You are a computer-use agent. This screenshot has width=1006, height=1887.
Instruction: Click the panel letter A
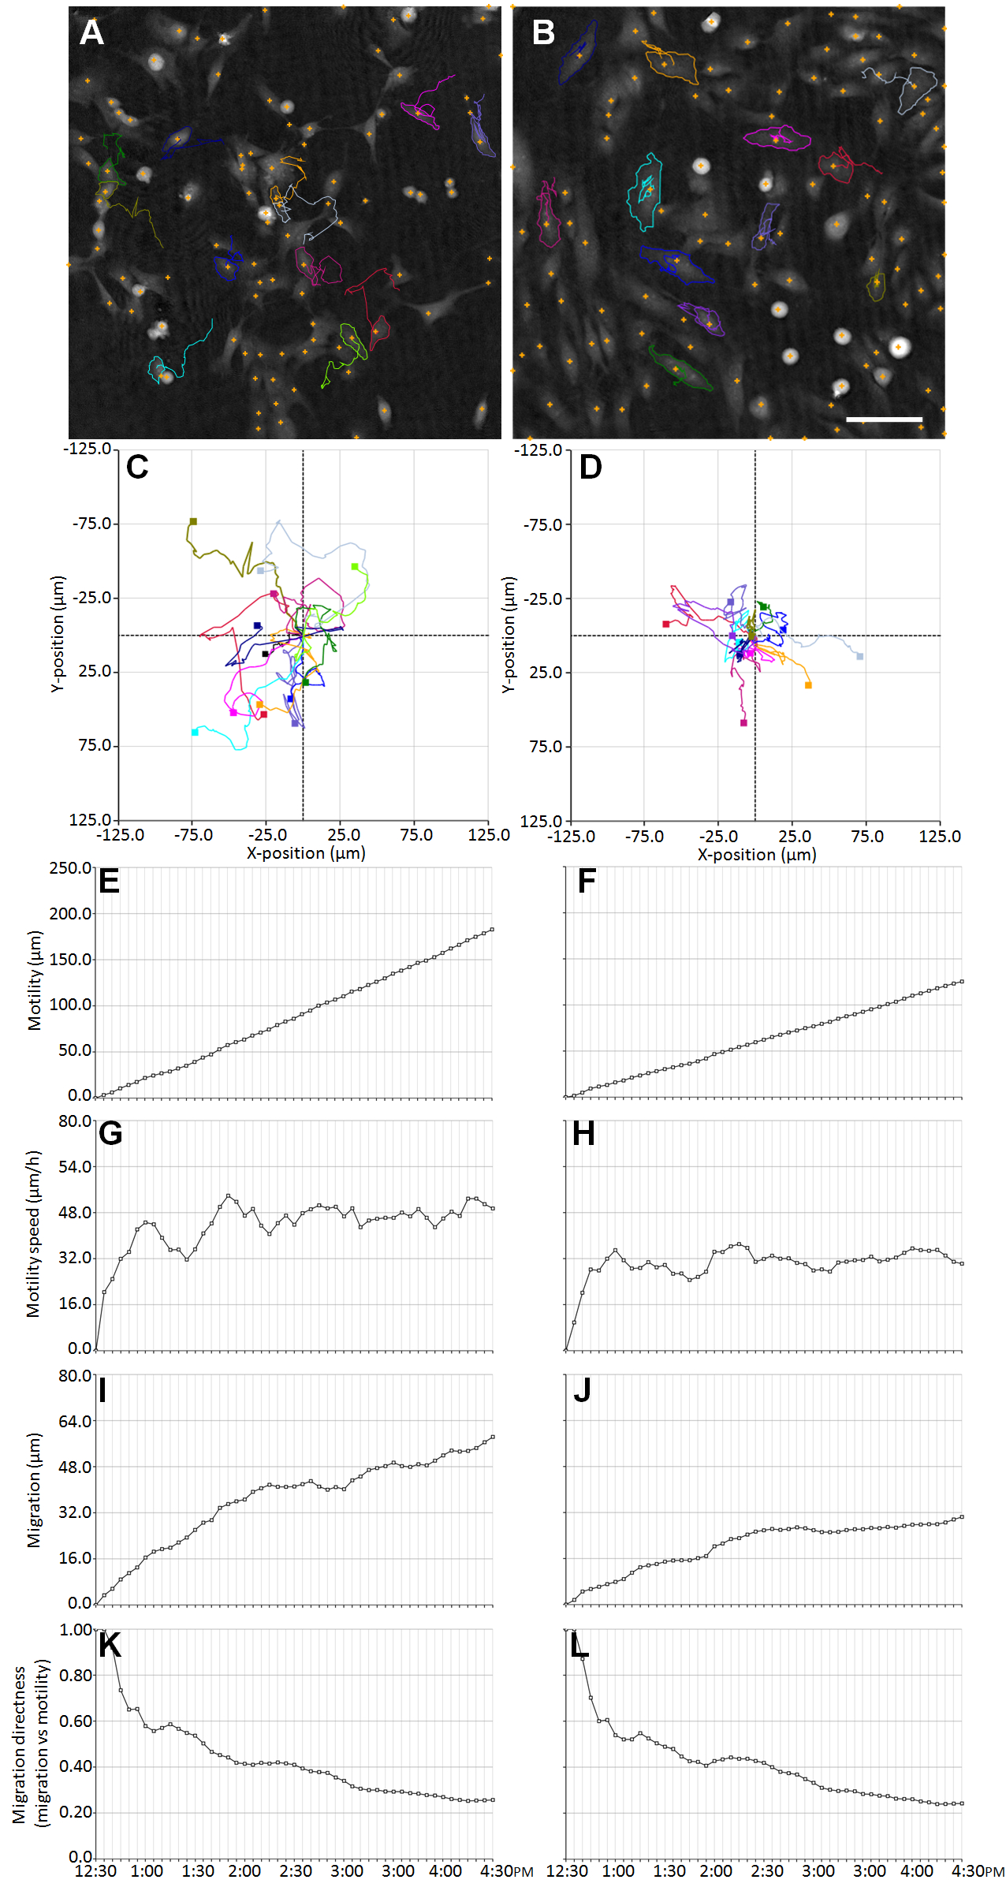click(91, 32)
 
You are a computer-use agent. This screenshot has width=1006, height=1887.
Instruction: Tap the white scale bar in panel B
click(884, 419)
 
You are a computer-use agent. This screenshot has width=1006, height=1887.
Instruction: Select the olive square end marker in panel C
click(193, 521)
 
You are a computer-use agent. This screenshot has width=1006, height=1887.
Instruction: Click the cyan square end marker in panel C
click(195, 733)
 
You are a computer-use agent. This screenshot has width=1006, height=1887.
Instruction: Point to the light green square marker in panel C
click(355, 566)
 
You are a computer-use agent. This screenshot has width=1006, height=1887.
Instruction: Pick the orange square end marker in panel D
click(808, 685)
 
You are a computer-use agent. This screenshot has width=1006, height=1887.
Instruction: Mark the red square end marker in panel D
click(666, 624)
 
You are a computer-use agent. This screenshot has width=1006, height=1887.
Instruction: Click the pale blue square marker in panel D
click(860, 656)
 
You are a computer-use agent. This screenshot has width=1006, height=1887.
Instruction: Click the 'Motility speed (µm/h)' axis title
click(32, 1233)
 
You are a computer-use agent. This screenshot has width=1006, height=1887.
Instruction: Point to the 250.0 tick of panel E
click(71, 868)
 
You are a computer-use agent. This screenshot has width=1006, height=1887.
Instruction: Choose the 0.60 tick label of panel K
click(75, 1720)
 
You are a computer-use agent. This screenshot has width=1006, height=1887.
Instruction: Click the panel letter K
click(110, 1645)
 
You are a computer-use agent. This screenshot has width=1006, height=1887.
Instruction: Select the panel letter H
click(583, 1133)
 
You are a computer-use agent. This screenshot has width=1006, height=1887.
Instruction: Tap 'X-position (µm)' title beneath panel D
click(756, 854)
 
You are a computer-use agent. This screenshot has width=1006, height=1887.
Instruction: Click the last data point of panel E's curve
click(493, 929)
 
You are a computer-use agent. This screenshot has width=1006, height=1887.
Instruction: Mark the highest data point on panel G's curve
click(229, 1195)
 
